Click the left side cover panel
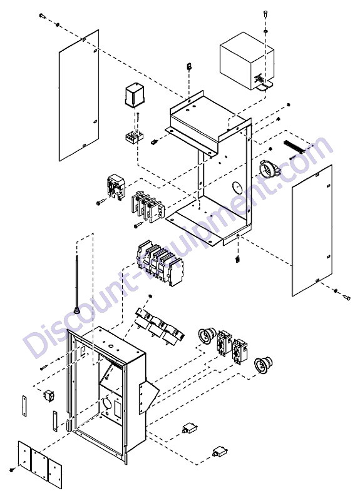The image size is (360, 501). click(79, 95)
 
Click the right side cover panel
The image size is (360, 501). click(312, 230)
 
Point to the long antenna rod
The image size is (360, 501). click(77, 284)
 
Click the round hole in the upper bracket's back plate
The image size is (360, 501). click(237, 188)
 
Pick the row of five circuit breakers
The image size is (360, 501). click(160, 263)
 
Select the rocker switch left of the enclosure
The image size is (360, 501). click(49, 395)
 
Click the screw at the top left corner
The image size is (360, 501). click(41, 16)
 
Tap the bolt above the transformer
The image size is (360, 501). click(265, 13)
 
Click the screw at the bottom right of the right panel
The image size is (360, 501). click(346, 298)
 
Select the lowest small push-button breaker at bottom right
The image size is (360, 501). click(219, 452)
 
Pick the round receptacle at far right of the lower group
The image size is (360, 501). click(264, 365)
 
